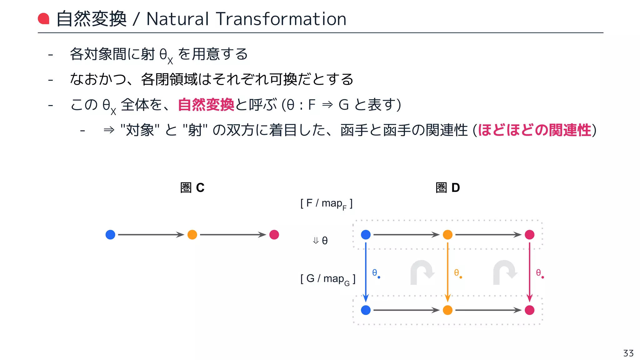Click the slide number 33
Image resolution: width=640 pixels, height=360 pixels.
[628, 353]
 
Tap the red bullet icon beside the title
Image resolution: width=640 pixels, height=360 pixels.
[44, 19]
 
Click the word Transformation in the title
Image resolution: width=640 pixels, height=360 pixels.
[281, 19]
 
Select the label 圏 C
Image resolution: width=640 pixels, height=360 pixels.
[192, 187]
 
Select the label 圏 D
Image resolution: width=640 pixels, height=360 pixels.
[447, 187]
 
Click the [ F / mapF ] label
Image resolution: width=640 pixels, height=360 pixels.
[326, 204]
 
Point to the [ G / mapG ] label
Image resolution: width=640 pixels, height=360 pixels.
[327, 279]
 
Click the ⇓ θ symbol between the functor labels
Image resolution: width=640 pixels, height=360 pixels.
[320, 240]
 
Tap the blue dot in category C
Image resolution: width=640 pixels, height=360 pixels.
[110, 235]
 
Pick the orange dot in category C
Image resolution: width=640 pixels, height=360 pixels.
[192, 235]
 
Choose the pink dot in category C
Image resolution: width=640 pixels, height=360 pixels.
[274, 235]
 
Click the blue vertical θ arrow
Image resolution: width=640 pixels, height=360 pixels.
[366, 272]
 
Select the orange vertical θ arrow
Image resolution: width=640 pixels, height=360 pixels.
[447, 272]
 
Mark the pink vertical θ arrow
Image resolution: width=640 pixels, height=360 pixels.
[529, 272]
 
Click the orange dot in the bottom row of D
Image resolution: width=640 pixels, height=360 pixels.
[447, 310]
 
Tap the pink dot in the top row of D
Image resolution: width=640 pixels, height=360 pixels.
[529, 235]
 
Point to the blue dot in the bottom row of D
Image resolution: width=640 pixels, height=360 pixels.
[366, 310]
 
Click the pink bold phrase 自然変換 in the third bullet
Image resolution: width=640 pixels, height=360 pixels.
[206, 105]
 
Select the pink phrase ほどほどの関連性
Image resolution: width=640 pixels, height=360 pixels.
[534, 130]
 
